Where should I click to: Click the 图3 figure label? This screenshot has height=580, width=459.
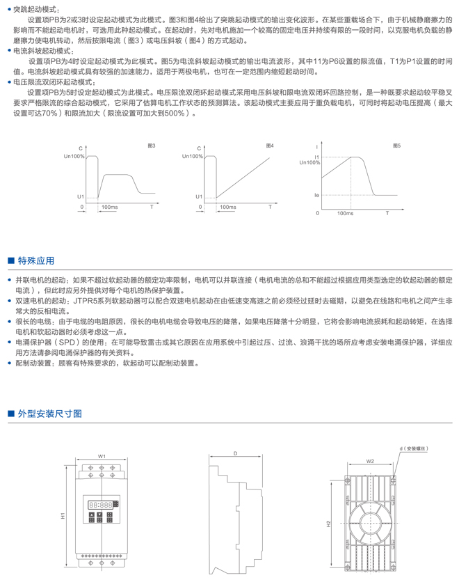pos(152,146)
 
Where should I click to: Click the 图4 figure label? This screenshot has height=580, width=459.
pos(270,146)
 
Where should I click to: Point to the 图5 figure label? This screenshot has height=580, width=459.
pos(396,146)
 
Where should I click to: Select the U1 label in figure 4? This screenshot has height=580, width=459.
pos(199,197)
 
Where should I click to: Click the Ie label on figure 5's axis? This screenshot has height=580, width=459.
pos(316,196)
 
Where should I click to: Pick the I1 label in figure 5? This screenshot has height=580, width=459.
pos(316,157)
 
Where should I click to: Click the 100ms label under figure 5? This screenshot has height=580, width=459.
pos(345,213)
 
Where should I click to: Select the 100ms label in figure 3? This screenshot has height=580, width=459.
pos(109,207)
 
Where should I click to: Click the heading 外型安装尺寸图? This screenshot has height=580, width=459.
pos(49,414)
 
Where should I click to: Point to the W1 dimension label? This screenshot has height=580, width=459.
pos(102,456)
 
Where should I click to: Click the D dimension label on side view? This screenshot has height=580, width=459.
pos(235,453)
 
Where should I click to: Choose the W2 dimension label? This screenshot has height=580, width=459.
pos(370,460)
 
